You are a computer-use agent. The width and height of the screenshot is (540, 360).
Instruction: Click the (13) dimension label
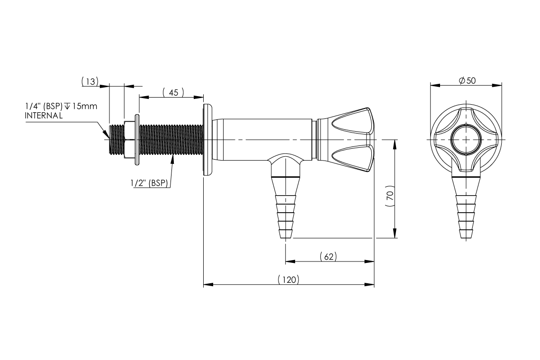click(x=90, y=81)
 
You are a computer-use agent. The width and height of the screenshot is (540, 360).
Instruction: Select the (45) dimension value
click(x=173, y=93)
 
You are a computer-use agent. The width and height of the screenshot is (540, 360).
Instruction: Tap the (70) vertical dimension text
click(x=389, y=196)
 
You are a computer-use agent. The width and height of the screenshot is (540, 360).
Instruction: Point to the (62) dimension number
click(x=328, y=257)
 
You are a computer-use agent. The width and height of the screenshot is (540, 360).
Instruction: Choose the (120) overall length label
click(x=288, y=280)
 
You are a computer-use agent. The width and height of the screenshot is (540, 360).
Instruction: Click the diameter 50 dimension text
click(x=467, y=81)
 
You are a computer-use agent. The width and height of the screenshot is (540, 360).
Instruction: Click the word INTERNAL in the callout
click(x=44, y=116)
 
